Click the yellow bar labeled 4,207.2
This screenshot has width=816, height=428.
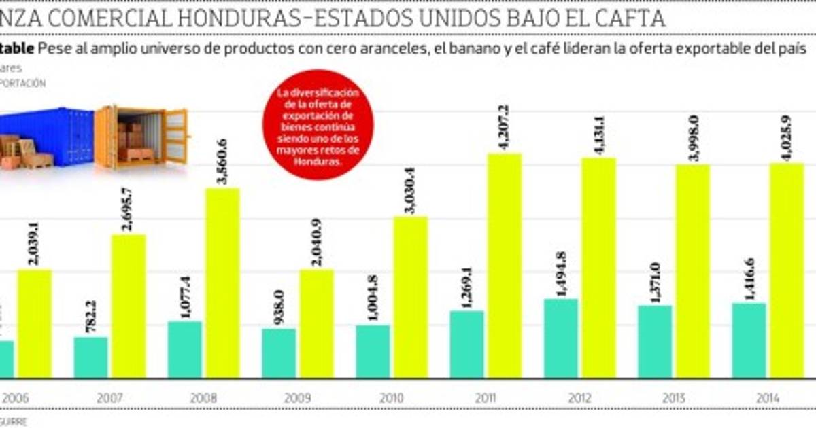pos(505,265)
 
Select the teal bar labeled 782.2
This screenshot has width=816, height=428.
pos(90,357)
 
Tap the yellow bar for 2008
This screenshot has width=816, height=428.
pos(222,283)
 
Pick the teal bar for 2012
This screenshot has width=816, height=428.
pos(561,338)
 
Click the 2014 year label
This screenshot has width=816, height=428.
pos(768,398)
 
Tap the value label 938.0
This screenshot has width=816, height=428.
pos(279,308)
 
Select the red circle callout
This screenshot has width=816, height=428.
pos(318,134)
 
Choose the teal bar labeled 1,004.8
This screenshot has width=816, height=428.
pos(373,351)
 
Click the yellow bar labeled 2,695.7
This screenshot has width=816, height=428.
pos(129,306)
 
